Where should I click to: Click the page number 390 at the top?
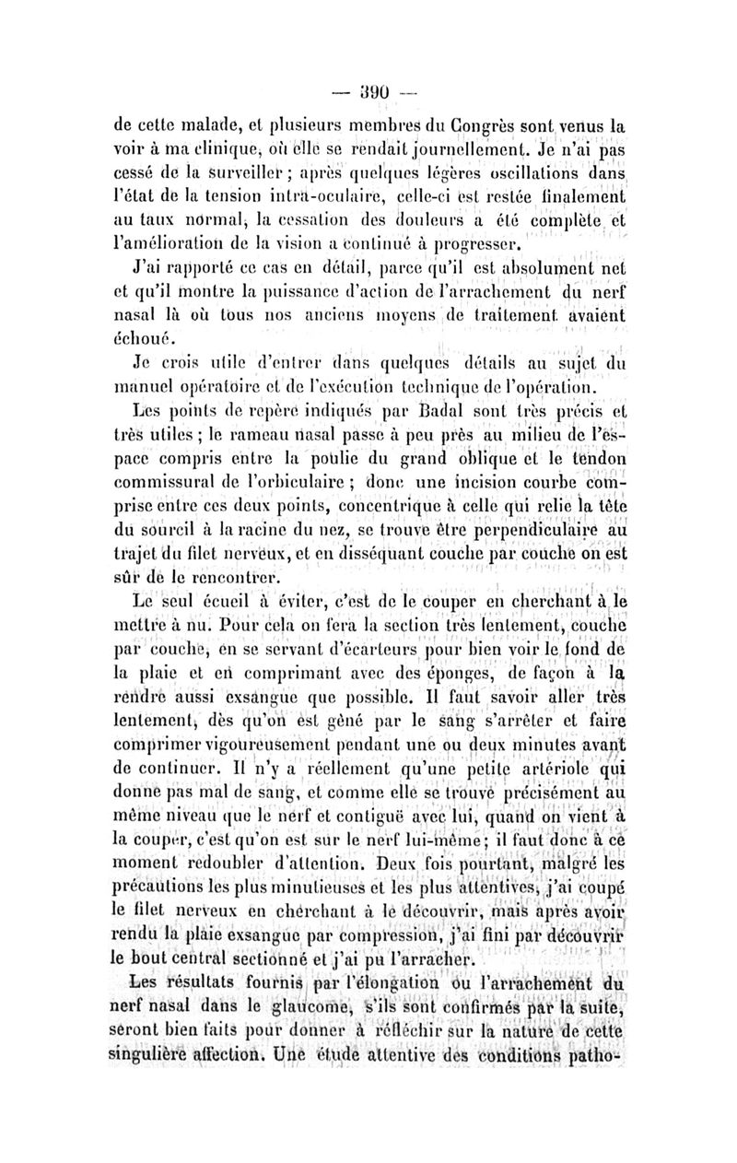[368, 94]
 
